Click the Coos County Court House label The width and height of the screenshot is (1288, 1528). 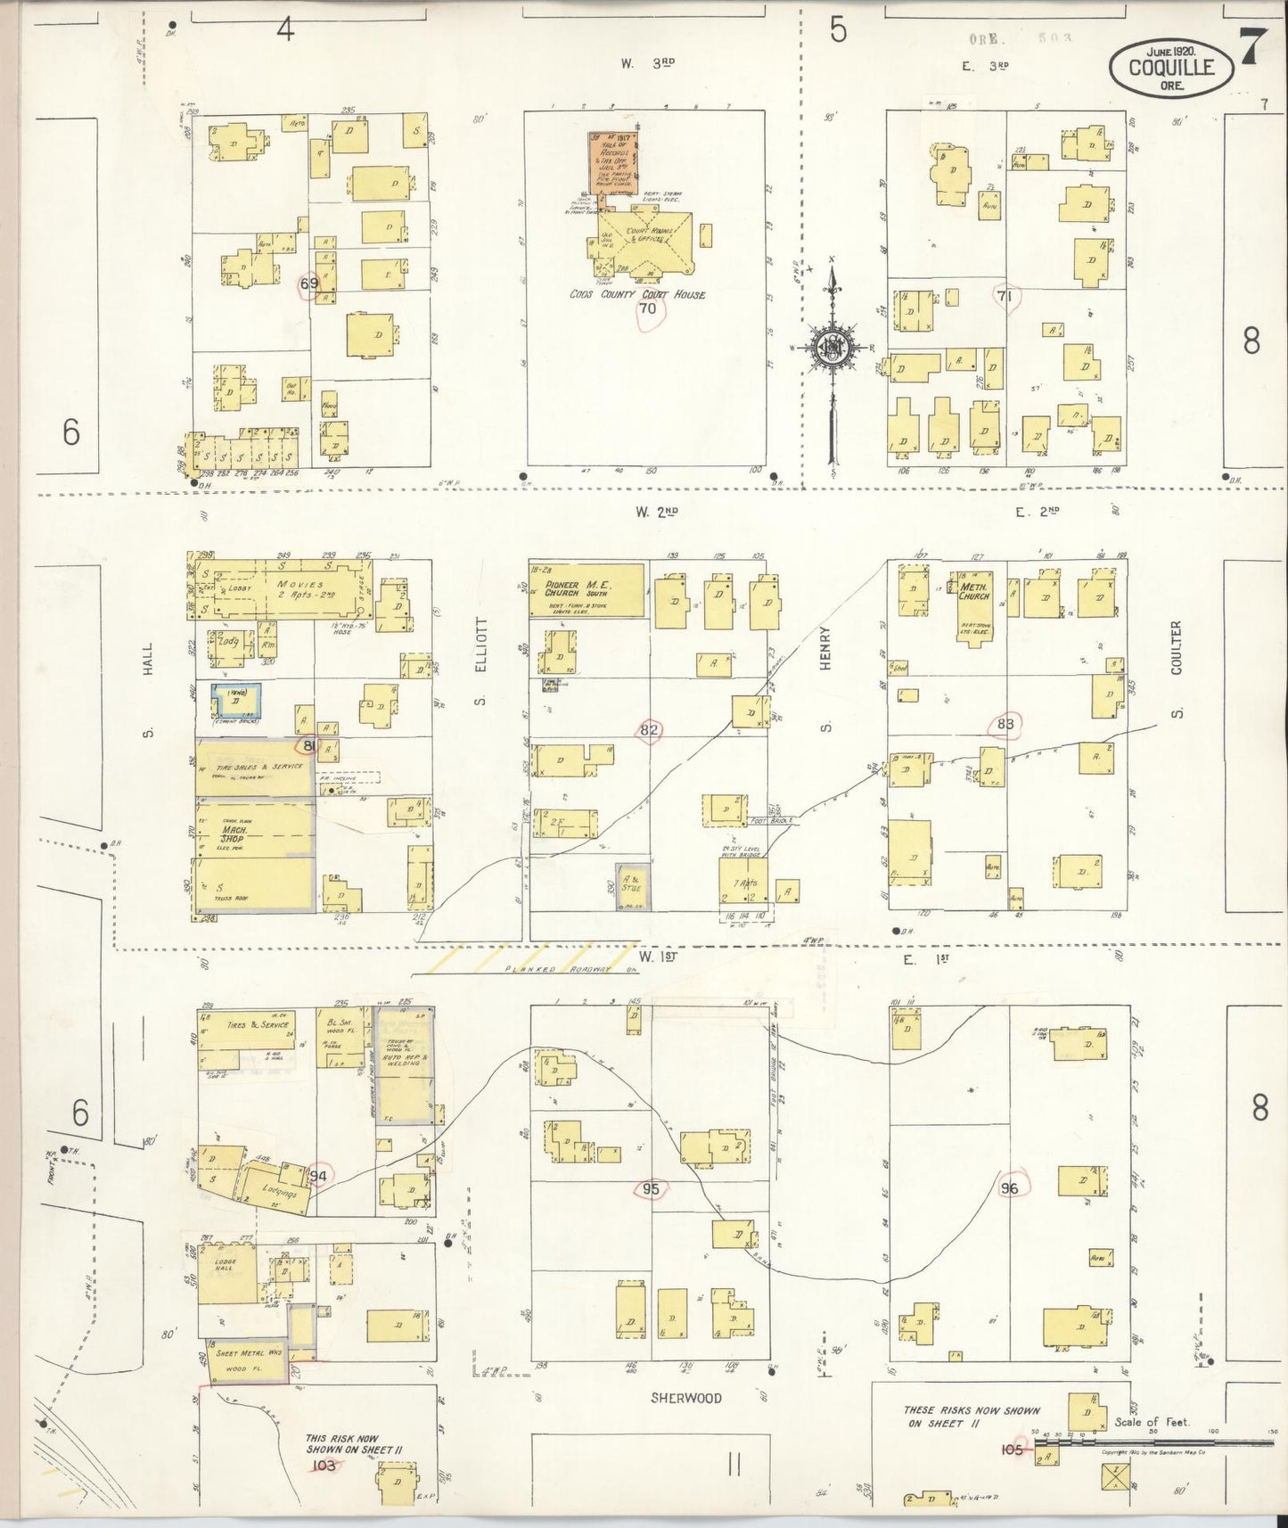[x=636, y=294]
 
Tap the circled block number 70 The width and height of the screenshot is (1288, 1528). [x=647, y=309]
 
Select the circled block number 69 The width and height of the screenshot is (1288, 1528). [x=309, y=284]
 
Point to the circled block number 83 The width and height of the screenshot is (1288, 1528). [x=1005, y=725]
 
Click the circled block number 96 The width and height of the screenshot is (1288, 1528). [x=1009, y=1187]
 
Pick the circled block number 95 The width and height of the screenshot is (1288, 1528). [x=651, y=1188]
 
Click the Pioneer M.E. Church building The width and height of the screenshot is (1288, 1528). [x=586, y=589]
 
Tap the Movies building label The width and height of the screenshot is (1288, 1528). [x=299, y=585]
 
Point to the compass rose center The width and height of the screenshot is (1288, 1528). [x=831, y=347]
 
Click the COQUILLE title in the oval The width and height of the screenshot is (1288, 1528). [x=1171, y=67]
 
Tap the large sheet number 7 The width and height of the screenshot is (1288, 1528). [x=1249, y=46]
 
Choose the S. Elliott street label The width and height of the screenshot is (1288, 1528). [x=480, y=659]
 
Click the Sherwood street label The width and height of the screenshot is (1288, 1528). [x=685, y=1398]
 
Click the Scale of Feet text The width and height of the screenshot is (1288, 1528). [x=1152, y=1422]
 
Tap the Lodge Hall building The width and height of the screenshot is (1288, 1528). [x=225, y=1267]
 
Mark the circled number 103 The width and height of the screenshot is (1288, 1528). [x=324, y=1465]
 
